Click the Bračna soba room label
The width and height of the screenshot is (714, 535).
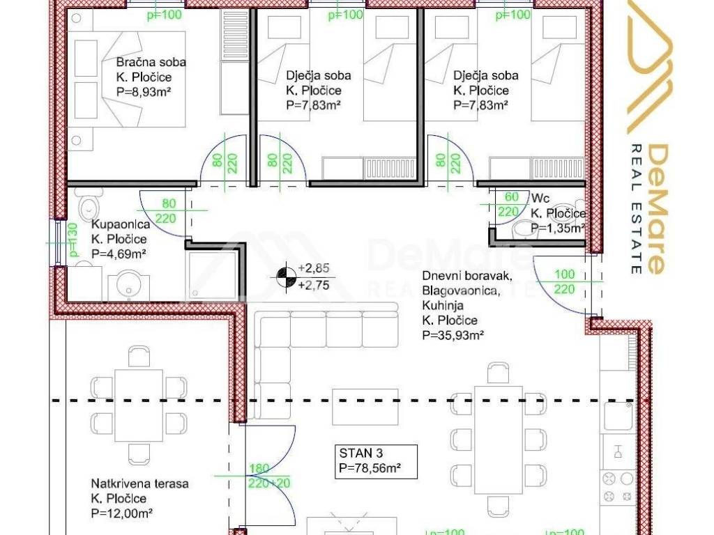[x=151, y=62]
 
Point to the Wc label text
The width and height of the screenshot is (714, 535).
[x=540, y=198]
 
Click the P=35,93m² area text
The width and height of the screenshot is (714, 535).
[x=453, y=335]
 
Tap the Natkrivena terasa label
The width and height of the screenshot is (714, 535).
[x=139, y=483]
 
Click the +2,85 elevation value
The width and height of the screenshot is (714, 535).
[x=313, y=267]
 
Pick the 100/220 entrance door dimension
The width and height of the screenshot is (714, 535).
[x=563, y=281]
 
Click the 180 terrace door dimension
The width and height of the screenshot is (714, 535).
[x=259, y=468]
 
